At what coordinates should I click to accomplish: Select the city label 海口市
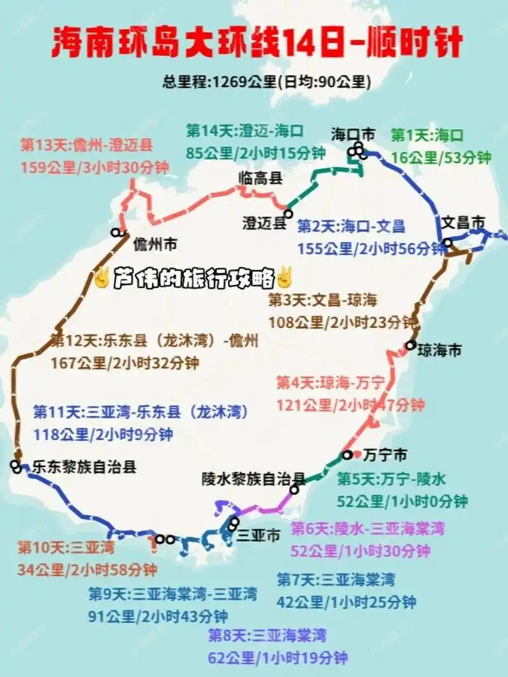pyautogui.click(x=353, y=134)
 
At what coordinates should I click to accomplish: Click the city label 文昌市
pyautogui.click(x=463, y=223)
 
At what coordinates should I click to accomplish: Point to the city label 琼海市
pyautogui.click(x=439, y=350)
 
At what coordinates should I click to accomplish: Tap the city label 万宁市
pyautogui.click(x=386, y=455)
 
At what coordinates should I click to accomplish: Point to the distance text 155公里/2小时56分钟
pyautogui.click(x=372, y=249)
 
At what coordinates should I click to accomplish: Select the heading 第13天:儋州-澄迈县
pyautogui.click(x=86, y=145)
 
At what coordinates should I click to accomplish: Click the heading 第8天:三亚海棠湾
pyautogui.click(x=267, y=635)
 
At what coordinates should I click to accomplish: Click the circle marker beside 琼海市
pyautogui.click(x=411, y=346)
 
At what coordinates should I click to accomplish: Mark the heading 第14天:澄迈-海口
pyautogui.click(x=245, y=131)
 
